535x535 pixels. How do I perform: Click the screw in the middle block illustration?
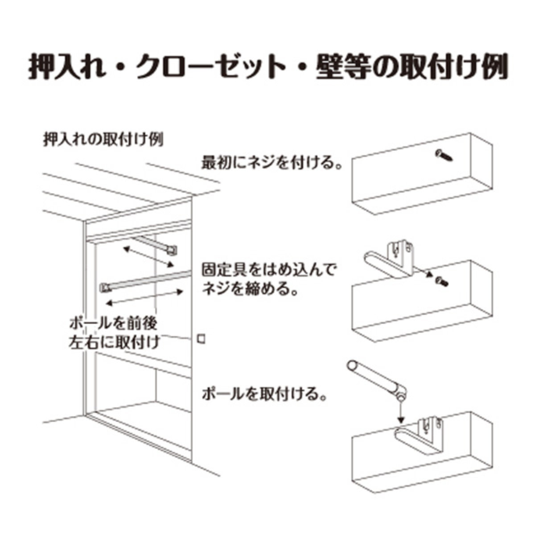coord(442,281)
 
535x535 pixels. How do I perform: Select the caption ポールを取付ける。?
coord(264,394)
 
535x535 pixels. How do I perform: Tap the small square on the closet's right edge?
coord(201,339)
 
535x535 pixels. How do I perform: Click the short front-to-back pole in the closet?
coord(155,245)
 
